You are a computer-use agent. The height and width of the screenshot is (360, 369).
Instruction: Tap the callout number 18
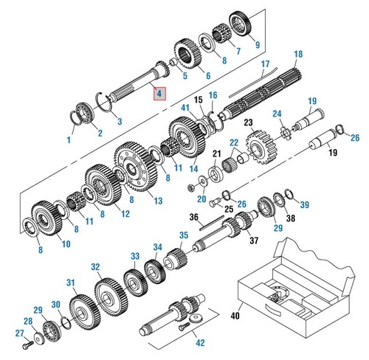click(298, 55)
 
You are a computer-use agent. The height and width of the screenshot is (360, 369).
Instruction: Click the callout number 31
click(71, 283)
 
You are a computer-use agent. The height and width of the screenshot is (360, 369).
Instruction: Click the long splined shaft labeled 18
click(266, 95)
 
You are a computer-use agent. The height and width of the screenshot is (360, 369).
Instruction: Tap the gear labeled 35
click(175, 259)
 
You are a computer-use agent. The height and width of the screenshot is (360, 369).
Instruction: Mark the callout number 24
click(277, 114)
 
